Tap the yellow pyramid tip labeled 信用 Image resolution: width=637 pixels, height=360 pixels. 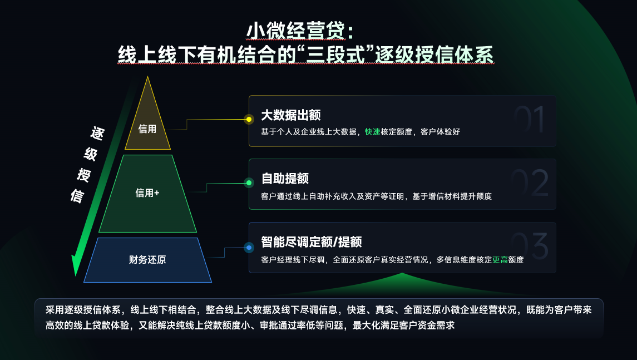(147, 125)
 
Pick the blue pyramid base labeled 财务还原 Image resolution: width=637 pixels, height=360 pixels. (147, 260)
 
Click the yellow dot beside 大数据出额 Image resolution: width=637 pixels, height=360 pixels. (249, 119)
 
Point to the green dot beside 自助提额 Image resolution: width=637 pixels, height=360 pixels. (249, 183)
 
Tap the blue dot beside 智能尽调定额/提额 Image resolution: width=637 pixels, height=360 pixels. (249, 247)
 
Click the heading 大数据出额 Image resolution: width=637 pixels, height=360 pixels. (291, 115)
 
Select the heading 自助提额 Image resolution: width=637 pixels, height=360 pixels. (285, 179)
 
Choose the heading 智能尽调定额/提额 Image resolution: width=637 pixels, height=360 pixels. (312, 242)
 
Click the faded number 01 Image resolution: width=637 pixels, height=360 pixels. (529, 119)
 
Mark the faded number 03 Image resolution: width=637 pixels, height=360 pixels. (529, 246)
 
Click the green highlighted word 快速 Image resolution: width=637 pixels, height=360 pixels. (372, 132)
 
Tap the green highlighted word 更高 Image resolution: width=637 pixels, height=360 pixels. (500, 259)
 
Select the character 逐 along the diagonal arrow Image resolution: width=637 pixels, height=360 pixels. (97, 134)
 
